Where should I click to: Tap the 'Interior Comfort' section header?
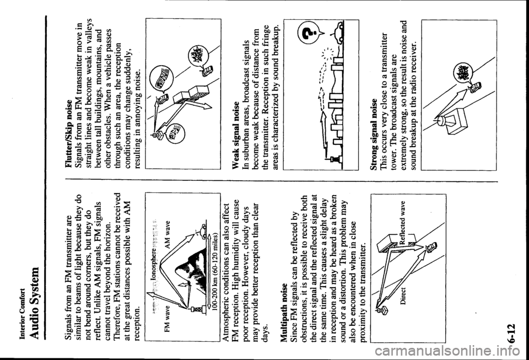(23, 325)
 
